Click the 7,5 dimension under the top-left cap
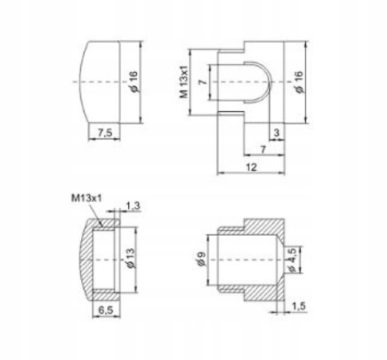coord(105,132)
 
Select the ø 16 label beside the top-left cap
coord(134,82)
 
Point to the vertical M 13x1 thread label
coord(184,82)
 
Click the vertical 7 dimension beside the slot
coord(203,82)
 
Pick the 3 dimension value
coord(277,132)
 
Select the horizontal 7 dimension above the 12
coord(263,150)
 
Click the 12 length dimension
coord(251,167)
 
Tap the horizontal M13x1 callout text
coord(86,198)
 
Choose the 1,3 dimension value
coord(133,206)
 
